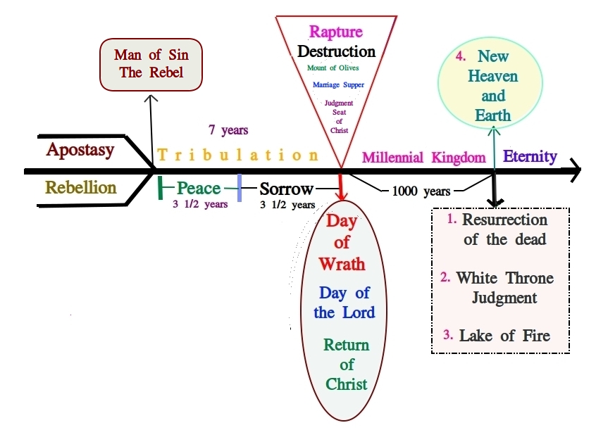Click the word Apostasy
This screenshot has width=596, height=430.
pyautogui.click(x=80, y=151)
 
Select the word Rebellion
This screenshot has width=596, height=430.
pyautogui.click(x=81, y=188)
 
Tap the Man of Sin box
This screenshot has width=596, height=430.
pyautogui.click(x=151, y=64)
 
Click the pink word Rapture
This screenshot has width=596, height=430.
pyautogui.click(x=336, y=32)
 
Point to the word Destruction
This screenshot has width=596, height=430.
pyautogui.click(x=336, y=52)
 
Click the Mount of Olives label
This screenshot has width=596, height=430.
pyautogui.click(x=333, y=68)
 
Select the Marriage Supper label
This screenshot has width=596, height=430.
pyautogui.click(x=338, y=85)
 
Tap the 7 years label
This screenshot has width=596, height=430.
pyautogui.click(x=228, y=130)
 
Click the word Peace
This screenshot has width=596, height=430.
pyautogui.click(x=199, y=189)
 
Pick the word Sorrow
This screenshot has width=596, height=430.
pyautogui.click(x=286, y=189)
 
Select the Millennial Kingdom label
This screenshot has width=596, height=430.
pyautogui.click(x=423, y=158)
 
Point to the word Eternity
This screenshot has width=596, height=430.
pyautogui.click(x=530, y=157)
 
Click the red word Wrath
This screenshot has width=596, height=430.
pyautogui.click(x=342, y=264)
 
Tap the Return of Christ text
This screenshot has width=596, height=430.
pyautogui.click(x=346, y=365)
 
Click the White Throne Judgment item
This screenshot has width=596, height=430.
pyautogui.click(x=504, y=287)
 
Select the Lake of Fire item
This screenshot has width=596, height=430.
pyautogui.click(x=504, y=336)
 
